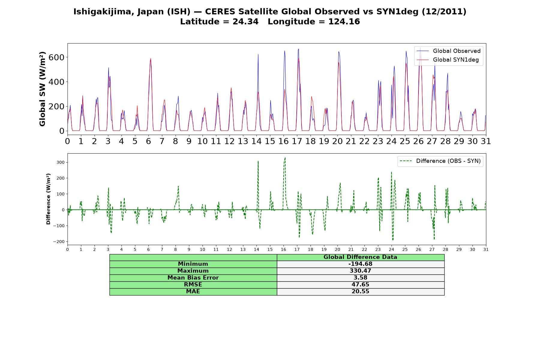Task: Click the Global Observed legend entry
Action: (x=448, y=51)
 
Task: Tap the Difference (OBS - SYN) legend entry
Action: (x=440, y=161)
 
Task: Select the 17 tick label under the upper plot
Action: (x=297, y=141)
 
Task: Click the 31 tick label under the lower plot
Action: (x=486, y=250)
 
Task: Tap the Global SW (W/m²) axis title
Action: (x=42, y=89)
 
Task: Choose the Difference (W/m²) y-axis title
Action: (x=48, y=199)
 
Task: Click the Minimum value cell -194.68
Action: (x=360, y=264)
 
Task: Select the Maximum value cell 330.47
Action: (x=360, y=271)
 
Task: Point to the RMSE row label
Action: (x=193, y=285)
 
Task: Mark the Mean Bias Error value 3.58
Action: (x=360, y=278)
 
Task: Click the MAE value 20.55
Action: (x=360, y=292)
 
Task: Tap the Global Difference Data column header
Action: (x=360, y=257)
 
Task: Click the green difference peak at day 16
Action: (x=285, y=158)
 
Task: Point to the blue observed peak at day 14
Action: (x=258, y=55)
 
